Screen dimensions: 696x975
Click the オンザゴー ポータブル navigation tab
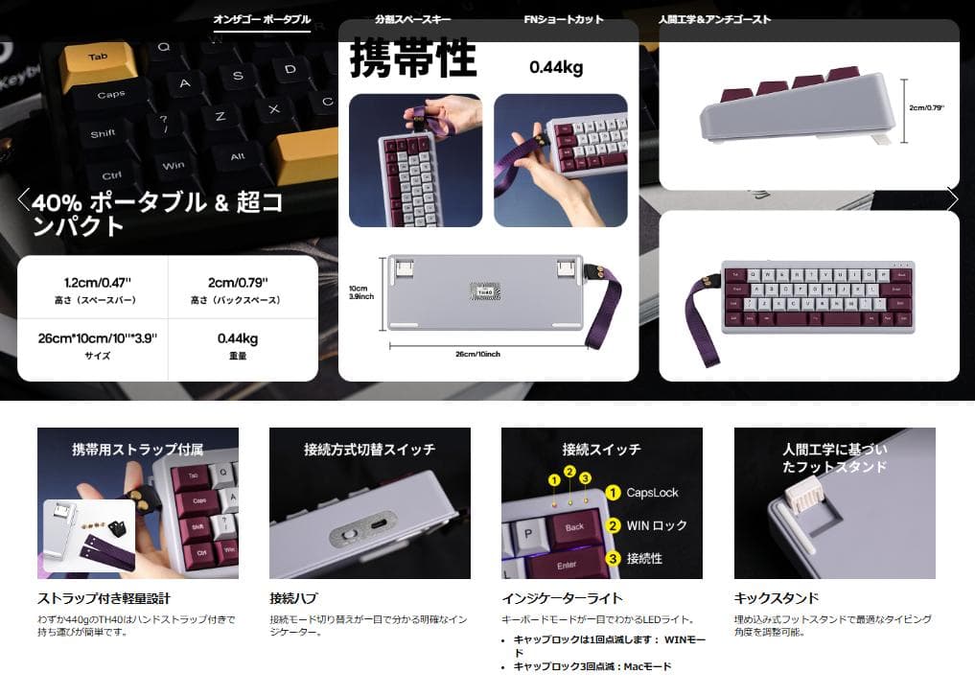262,19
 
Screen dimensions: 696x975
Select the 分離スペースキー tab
413,19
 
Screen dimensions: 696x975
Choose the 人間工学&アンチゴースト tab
714,19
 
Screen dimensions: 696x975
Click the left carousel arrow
24,199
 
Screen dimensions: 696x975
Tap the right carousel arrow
952,199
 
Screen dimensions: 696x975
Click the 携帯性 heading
412,58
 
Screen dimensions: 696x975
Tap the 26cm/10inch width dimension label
477,355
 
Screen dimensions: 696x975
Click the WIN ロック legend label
657,525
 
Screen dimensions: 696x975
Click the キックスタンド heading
776,598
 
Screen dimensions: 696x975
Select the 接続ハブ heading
293,598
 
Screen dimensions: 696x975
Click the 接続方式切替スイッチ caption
369,449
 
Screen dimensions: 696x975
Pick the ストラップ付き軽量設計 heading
104,598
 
